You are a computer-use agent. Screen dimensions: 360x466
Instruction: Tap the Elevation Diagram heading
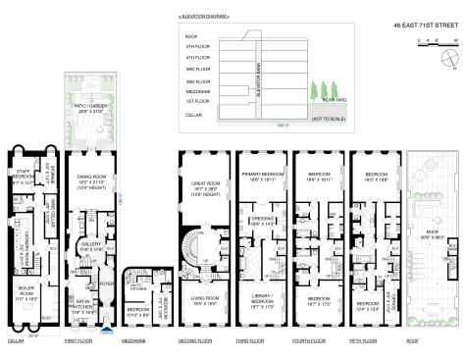tap(206, 18)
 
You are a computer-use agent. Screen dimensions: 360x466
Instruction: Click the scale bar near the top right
tap(439, 41)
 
